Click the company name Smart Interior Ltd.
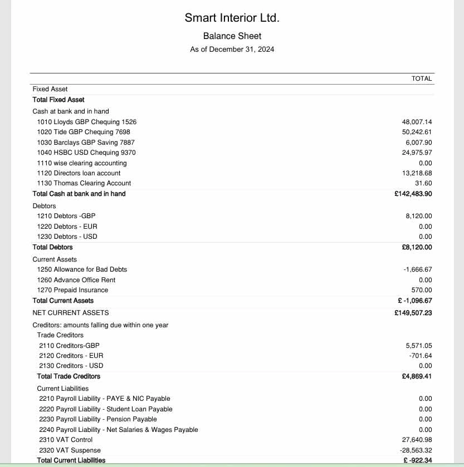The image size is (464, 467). pyautogui.click(x=232, y=18)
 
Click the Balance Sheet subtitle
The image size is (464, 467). pyautogui.click(x=232, y=36)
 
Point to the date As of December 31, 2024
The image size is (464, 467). pyautogui.click(x=232, y=50)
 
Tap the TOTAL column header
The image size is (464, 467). pyautogui.click(x=422, y=78)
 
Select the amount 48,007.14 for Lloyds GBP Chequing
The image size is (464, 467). pyautogui.click(x=417, y=122)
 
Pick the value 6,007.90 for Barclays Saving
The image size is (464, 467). pyautogui.click(x=418, y=142)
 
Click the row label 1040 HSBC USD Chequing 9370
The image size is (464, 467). pyautogui.click(x=86, y=153)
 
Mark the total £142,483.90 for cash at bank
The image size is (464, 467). pyautogui.click(x=413, y=194)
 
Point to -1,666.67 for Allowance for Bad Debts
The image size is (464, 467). pyautogui.click(x=417, y=269)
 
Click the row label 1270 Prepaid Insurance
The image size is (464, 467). pyautogui.click(x=72, y=290)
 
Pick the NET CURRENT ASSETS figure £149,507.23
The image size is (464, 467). pyautogui.click(x=413, y=313)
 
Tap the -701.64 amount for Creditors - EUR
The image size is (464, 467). pyautogui.click(x=421, y=356)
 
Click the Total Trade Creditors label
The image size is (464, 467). pyautogui.click(x=69, y=376)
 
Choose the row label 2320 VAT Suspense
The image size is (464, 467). pyautogui.click(x=70, y=450)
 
